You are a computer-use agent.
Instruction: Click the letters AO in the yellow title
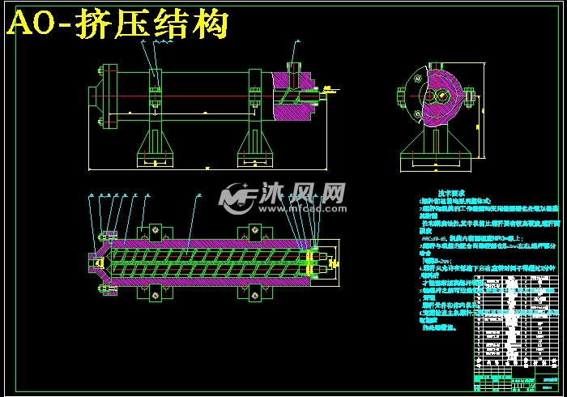pyautogui.click(x=32, y=26)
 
